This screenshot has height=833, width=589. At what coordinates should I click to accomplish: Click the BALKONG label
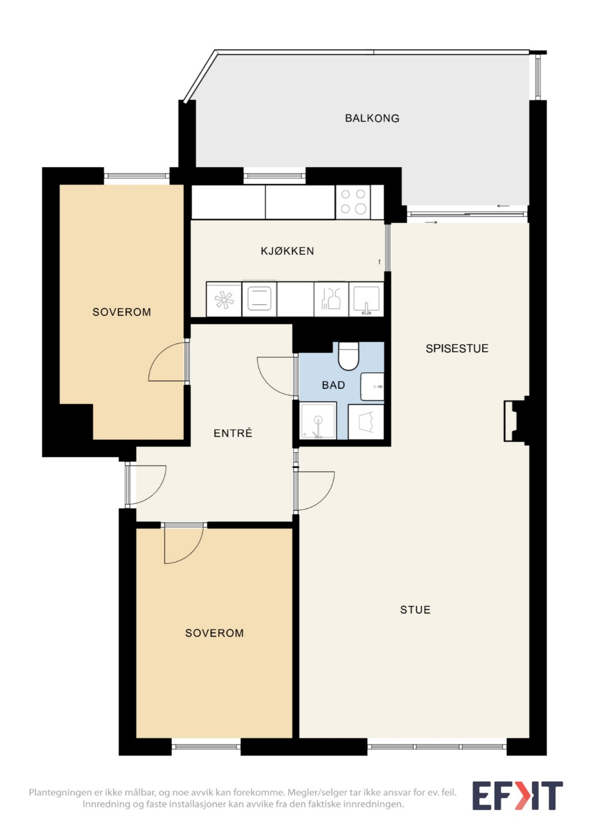click(x=372, y=118)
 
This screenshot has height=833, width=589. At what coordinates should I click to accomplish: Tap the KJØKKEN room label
click(x=287, y=250)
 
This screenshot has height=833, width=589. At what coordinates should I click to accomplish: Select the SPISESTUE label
click(x=457, y=349)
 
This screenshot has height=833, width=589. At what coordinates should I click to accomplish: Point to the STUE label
click(x=415, y=610)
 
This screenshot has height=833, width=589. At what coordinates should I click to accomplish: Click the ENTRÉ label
click(x=233, y=433)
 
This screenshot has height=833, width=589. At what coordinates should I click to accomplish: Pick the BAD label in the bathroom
click(x=333, y=385)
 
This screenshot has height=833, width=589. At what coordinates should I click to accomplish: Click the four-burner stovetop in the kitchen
click(x=353, y=202)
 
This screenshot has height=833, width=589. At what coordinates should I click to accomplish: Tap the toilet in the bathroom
click(x=348, y=356)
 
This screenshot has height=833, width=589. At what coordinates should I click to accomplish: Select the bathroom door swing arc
click(x=276, y=376)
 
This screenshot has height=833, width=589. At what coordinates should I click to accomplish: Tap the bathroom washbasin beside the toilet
click(x=372, y=387)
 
